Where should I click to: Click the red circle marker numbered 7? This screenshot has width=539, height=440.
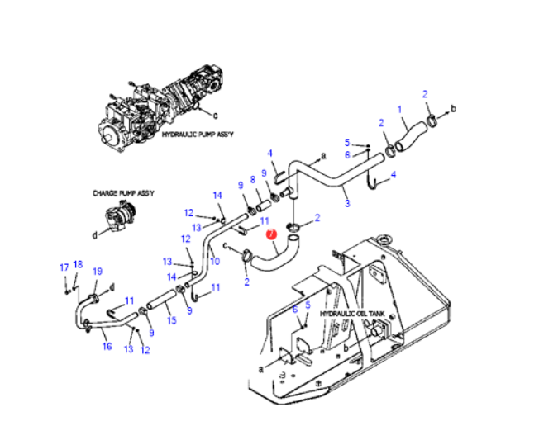(x=270, y=234)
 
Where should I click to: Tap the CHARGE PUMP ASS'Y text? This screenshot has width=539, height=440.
(x=122, y=192)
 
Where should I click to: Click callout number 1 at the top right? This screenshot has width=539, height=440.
(x=399, y=108)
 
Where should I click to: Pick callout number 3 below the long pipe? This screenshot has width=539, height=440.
(x=346, y=202)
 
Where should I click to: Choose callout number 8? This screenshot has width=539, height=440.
(x=253, y=180)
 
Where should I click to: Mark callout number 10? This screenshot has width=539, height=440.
(x=214, y=261)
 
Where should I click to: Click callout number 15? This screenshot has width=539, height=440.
(x=172, y=319)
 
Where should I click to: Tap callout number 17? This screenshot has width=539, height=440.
(x=63, y=267)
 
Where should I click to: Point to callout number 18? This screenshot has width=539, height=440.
(x=78, y=264)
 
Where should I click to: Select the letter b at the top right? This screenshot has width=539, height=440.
(x=453, y=109)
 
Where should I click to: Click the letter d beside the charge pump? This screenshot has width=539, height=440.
(x=94, y=234)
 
